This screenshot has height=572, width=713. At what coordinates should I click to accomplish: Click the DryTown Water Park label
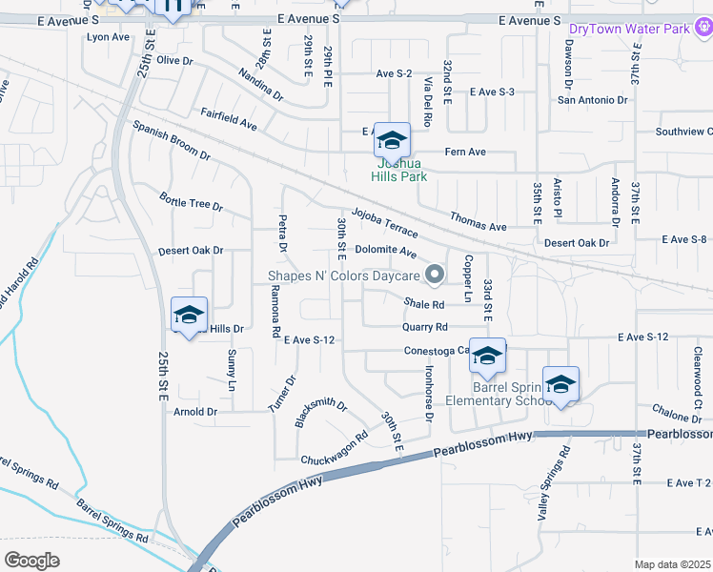(629, 29)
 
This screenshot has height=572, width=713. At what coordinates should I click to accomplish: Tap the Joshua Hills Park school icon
(392, 141)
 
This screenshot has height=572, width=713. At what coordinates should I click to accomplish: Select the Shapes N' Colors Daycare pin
(436, 276)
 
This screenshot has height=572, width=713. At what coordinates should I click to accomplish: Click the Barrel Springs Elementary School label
(513, 393)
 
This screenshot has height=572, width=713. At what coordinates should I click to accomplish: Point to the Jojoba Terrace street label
(384, 223)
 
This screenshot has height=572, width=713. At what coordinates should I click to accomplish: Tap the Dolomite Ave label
(386, 252)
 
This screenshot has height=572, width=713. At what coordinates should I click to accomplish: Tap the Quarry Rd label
(425, 326)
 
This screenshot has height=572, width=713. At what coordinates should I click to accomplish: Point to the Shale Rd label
(424, 304)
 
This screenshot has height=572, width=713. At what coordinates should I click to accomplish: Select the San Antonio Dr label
(593, 99)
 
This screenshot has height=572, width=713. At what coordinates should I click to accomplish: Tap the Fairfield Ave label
(229, 118)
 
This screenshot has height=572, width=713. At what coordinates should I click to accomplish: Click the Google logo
(31, 560)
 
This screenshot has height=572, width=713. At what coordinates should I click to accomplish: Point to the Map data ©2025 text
(672, 564)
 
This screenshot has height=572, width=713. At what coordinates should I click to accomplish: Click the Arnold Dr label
(196, 412)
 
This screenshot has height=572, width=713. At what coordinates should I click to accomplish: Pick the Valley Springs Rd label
(554, 476)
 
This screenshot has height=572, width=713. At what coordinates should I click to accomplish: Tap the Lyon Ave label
(108, 37)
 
